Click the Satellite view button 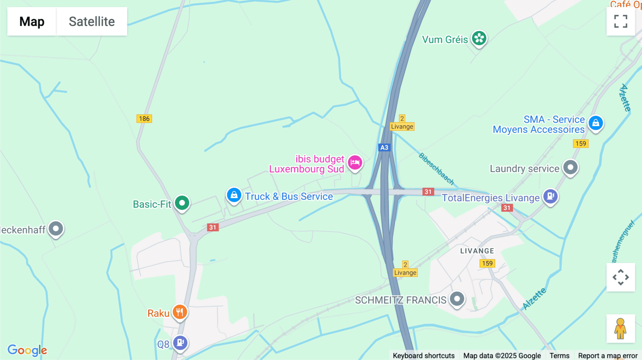(92, 21)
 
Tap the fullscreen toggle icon (621, 21)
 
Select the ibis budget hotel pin (355, 163)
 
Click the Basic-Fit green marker (182, 203)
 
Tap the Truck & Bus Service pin (234, 195)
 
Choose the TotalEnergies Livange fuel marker (550, 196)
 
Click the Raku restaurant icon (180, 312)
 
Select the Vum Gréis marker (479, 38)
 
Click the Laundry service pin (570, 167)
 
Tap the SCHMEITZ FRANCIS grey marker (457, 299)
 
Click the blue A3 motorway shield (384, 148)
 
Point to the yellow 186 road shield (144, 119)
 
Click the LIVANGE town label (477, 251)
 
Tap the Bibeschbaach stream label (436, 169)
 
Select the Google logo (27, 350)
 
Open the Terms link (559, 355)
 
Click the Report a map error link (607, 355)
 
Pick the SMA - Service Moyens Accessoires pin (596, 123)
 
